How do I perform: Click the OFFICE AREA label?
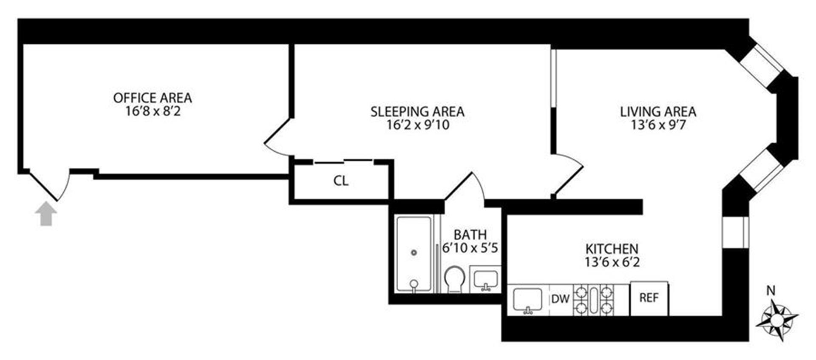tap(152, 98)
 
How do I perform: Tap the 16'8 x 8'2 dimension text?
tap(153, 111)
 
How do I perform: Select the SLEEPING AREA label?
tap(417, 111)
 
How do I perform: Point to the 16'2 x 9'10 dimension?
tap(417, 125)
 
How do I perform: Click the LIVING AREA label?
tap(658, 111)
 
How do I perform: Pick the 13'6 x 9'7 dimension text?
tap(658, 125)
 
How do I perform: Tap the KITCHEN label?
tap(612, 249)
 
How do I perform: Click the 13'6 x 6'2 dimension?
tap(612, 262)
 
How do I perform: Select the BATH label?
tap(470, 235)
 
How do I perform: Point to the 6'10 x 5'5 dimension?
tap(470, 248)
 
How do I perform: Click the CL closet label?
tap(341, 181)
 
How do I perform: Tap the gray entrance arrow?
tap(46, 214)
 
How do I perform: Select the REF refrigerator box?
tap(649, 298)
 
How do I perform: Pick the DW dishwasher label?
tap(560, 299)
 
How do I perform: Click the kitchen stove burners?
tap(594, 300)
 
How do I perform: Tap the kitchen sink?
tap(527, 300)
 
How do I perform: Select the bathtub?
tap(414, 254)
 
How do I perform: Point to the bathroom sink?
tap(486, 279)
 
